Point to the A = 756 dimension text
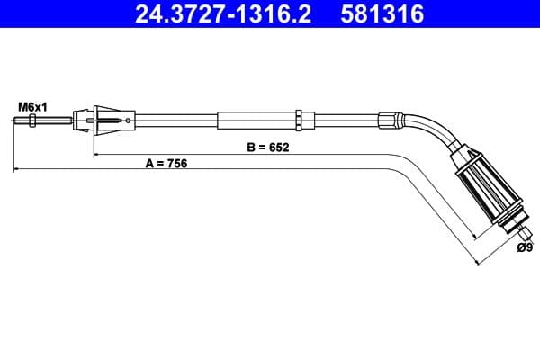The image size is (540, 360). coord(166,164)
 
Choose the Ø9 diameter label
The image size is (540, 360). coord(526,247)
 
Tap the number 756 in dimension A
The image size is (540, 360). coord(176,164)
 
